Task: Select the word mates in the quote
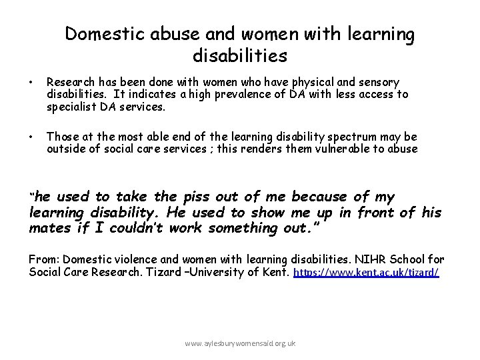[x=49, y=228]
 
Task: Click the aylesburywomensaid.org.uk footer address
[x=241, y=343]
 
